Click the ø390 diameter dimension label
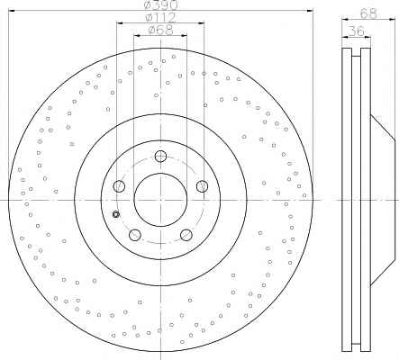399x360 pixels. [x=161, y=4]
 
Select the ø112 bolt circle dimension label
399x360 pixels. [x=160, y=18]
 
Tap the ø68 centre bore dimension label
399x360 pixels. [x=160, y=30]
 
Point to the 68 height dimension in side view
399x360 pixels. [x=368, y=13]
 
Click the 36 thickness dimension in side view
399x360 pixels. [x=357, y=31]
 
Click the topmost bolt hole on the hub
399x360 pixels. [x=160, y=156]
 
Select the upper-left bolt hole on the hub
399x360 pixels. [x=119, y=186]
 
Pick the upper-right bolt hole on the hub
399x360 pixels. [x=202, y=186]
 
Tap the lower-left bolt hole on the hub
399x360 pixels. [x=135, y=235]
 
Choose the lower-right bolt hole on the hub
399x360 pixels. [x=186, y=235]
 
